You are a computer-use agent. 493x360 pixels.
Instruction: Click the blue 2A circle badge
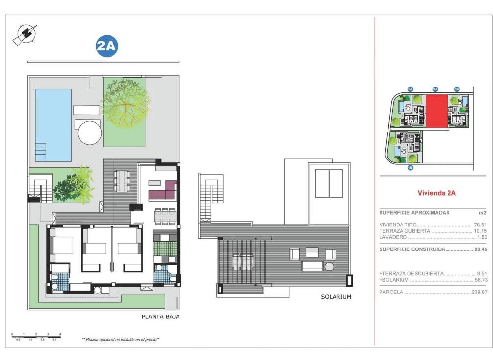point(107,46)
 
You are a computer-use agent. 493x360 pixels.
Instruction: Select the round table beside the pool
point(90,132)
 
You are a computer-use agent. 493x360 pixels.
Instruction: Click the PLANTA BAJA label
point(160,316)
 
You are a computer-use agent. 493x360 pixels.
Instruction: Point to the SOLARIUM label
point(336,297)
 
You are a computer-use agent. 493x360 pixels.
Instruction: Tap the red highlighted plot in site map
point(437,111)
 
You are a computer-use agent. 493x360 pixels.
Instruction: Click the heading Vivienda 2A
point(436,193)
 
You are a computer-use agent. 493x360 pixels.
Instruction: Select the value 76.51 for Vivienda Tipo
point(480,225)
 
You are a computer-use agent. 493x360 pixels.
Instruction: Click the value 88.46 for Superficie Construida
point(480,249)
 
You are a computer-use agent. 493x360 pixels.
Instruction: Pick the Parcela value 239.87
point(479,292)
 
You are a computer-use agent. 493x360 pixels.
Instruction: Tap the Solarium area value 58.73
point(480,280)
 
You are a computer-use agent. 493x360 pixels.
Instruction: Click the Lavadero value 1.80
point(481,237)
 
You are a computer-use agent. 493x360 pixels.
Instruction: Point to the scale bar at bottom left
point(36,336)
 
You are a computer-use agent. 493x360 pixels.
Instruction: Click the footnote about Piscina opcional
point(121,339)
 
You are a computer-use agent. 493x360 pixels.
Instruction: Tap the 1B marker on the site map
point(410,168)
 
